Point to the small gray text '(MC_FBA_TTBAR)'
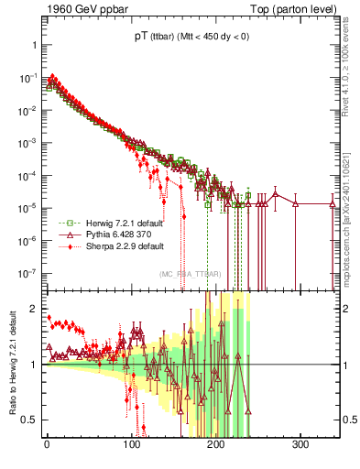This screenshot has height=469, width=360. [188, 274]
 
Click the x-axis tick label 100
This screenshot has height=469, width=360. [131, 446]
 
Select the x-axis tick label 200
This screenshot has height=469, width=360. [216, 446]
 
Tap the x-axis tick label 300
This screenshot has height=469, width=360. [300, 446]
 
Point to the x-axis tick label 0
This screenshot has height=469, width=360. [47, 446]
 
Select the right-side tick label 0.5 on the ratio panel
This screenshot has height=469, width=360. [348, 420]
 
